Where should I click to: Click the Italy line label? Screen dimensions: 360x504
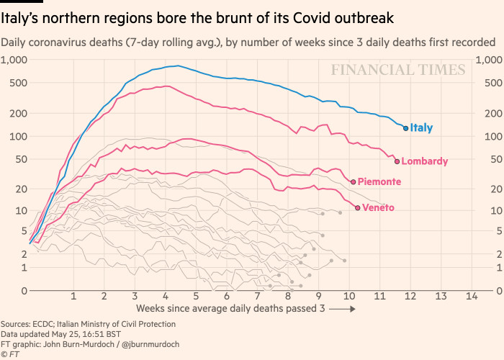pyautogui.click(x=421, y=128)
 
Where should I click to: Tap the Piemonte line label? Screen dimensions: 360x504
pyautogui.click(x=379, y=181)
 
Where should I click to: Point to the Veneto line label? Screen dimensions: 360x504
pyautogui.click(x=379, y=208)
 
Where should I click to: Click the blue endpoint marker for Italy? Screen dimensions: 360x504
pyautogui.click(x=406, y=128)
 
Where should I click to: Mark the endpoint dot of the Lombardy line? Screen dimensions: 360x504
pyautogui.click(x=397, y=161)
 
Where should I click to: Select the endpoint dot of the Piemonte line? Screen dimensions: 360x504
pyautogui.click(x=354, y=181)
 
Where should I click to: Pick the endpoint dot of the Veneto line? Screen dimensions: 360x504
pyautogui.click(x=358, y=208)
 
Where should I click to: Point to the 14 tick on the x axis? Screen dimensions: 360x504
pyautogui.click(x=472, y=297)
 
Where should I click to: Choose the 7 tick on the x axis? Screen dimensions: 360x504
pyautogui.click(x=258, y=297)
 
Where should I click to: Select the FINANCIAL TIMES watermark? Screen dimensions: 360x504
pyautogui.click(x=398, y=70)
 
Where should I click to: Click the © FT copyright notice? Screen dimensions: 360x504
pyautogui.click(x=10, y=354)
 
